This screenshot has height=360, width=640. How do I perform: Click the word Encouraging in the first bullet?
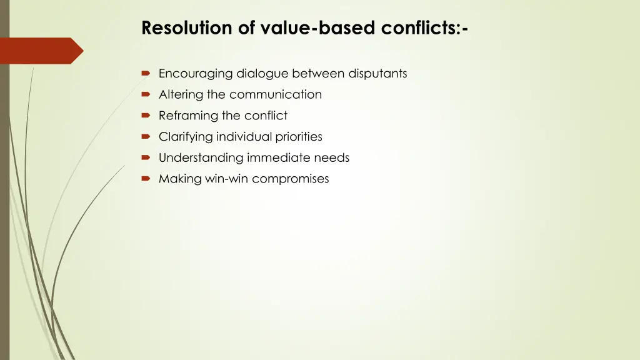tap(196, 74)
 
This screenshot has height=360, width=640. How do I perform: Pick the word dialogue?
tap(262, 74)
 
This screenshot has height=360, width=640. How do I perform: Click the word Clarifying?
tap(186, 137)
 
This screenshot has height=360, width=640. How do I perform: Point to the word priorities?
tap(299, 137)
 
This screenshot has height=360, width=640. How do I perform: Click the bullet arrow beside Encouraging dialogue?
tap(146, 74)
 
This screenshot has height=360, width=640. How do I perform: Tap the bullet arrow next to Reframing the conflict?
tap(146, 116)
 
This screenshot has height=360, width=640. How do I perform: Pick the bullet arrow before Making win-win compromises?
tap(146, 179)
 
